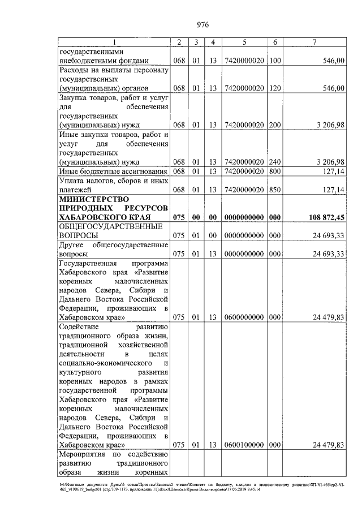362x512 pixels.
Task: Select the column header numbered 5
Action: pos(244,42)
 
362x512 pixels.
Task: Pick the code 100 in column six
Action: pos(275,61)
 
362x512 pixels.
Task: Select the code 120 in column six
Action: pos(275,88)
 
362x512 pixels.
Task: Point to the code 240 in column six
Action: pos(275,161)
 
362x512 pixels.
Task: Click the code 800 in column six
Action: pos(275,171)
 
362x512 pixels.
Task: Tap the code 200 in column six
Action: pos(275,125)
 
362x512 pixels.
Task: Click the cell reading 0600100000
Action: pos(244,445)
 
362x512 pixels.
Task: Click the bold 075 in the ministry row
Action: pos(179,217)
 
